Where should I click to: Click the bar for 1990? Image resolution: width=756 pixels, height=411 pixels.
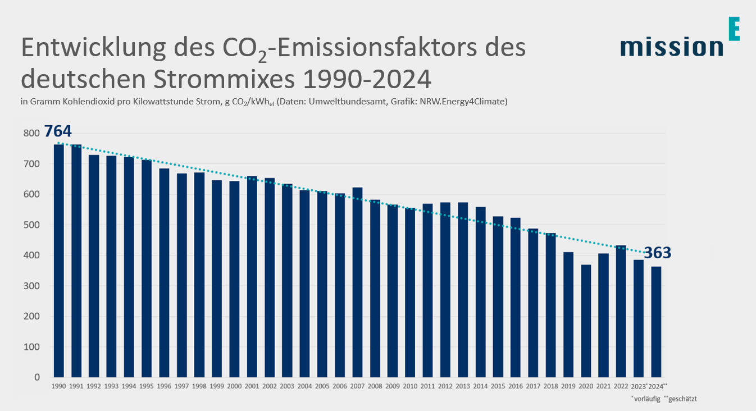coord(58,261)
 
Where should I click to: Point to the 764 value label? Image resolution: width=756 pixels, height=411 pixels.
coord(58,131)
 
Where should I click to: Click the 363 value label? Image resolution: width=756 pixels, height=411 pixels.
coord(657,253)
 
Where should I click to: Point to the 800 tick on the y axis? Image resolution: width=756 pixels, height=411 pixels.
coord(32,134)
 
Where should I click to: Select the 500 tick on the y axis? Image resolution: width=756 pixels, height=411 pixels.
coord(32,225)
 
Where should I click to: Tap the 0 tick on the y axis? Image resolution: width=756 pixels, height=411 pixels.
coord(37,377)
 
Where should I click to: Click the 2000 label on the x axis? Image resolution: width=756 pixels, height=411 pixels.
coord(234,386)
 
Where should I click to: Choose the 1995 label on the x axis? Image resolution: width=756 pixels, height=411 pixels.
coord(146,386)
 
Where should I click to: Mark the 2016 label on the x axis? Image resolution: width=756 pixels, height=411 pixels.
coord(516,386)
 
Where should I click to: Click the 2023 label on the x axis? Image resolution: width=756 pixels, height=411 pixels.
coord(638,386)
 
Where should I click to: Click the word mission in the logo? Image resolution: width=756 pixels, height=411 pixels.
coord(672,47)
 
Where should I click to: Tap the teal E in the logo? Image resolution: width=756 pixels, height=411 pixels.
coord(734,29)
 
